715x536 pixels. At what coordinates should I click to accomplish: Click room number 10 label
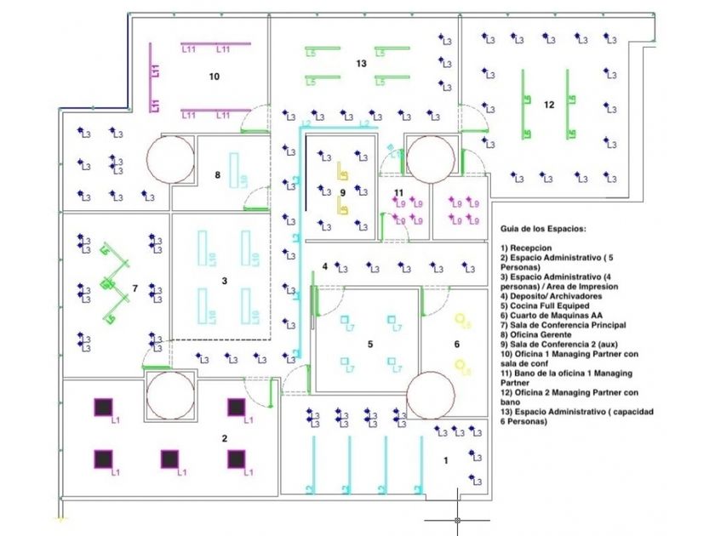(214, 77)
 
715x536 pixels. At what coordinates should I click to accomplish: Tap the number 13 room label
(361, 64)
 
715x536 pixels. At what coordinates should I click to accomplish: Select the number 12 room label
(549, 105)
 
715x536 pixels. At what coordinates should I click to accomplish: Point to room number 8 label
(217, 175)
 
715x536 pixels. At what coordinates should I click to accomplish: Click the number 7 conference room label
(134, 289)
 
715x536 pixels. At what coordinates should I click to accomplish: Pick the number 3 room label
(224, 280)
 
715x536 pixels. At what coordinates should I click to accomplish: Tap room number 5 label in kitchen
(370, 344)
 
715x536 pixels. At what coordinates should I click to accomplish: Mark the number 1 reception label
(445, 460)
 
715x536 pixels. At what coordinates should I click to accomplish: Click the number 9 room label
(341, 193)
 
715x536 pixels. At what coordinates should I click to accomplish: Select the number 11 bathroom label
(398, 192)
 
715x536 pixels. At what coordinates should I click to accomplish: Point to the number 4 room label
(325, 267)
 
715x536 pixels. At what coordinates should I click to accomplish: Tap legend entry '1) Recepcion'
(529, 247)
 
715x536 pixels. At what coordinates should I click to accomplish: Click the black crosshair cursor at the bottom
(457, 517)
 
